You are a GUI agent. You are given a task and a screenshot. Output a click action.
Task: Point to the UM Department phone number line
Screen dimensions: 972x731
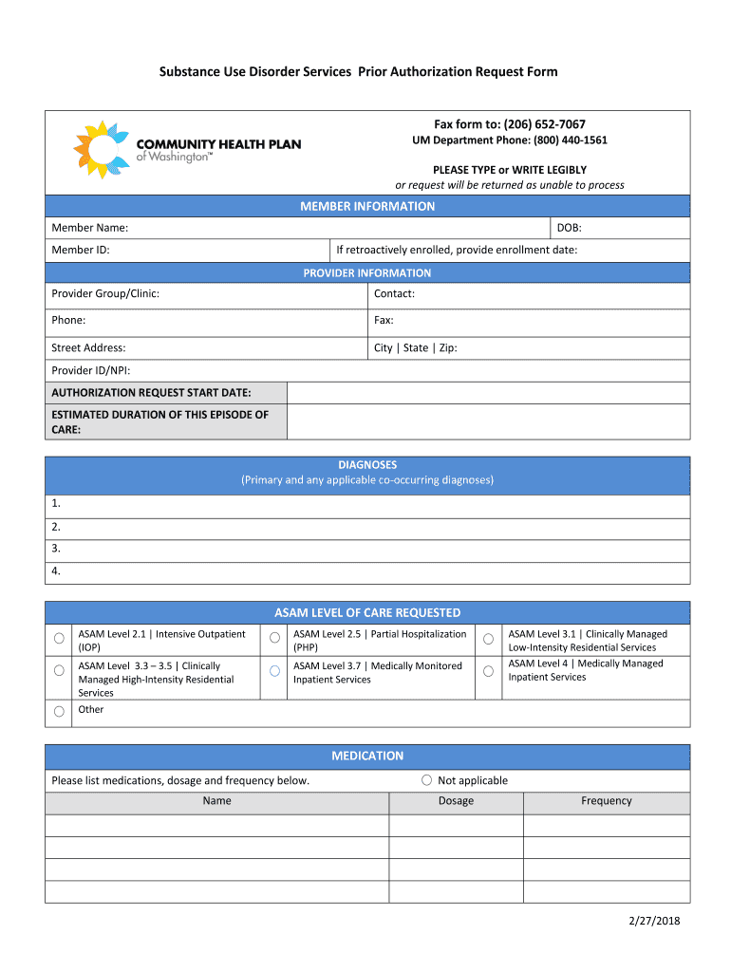(509, 140)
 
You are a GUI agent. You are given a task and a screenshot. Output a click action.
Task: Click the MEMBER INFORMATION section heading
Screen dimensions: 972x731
(367, 206)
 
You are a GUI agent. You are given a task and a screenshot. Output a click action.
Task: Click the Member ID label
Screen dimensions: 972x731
(81, 250)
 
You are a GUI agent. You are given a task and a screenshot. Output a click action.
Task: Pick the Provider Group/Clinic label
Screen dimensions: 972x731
(105, 293)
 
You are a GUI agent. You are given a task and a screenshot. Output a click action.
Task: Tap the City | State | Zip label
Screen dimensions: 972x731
(415, 347)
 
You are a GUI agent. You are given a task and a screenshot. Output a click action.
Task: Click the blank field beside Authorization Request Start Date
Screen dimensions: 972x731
(488, 393)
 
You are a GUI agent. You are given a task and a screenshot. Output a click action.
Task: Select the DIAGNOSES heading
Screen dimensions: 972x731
(367, 465)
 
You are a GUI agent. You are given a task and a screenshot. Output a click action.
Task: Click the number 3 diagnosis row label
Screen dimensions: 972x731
(57, 548)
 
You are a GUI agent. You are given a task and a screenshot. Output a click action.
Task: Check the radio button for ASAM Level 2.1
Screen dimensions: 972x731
(59, 638)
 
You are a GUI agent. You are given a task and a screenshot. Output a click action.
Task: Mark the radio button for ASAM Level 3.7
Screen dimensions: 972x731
(274, 671)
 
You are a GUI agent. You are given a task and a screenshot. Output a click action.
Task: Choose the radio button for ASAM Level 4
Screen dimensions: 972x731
(488, 671)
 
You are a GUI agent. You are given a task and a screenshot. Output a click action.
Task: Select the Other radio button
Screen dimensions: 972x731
(59, 711)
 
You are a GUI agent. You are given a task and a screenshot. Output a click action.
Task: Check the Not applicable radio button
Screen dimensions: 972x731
(427, 780)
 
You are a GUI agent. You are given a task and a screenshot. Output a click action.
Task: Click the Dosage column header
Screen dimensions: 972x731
(456, 801)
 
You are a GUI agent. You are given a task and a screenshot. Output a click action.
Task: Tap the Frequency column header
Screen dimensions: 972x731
(606, 801)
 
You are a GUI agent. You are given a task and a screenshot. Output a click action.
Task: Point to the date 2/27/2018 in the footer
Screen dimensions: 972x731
(654, 921)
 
